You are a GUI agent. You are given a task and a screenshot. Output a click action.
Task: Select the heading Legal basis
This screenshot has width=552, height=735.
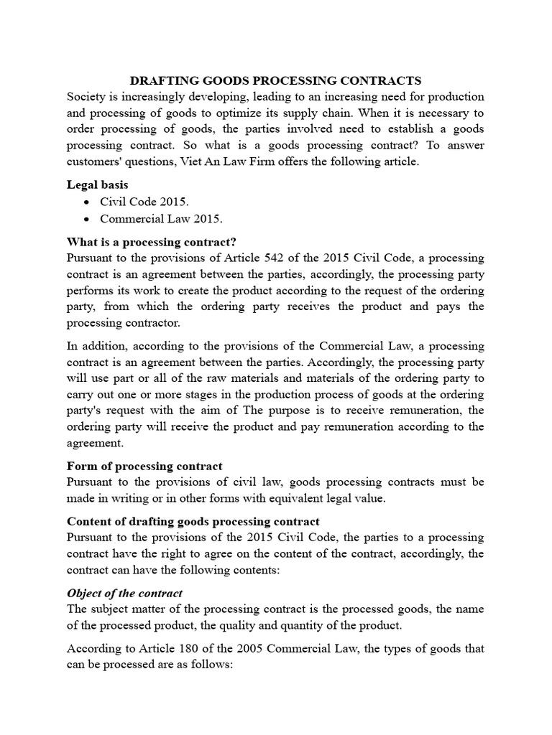[x=97, y=184]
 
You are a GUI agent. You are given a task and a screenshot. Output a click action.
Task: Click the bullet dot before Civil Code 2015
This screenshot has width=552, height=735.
[x=87, y=202]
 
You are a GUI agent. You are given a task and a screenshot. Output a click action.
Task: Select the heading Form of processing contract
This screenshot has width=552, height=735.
[x=144, y=466]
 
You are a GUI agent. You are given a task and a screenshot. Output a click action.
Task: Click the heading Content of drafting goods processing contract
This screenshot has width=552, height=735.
[x=193, y=521]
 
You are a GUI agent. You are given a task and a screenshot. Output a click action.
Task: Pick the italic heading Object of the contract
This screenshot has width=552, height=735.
[x=124, y=593]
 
